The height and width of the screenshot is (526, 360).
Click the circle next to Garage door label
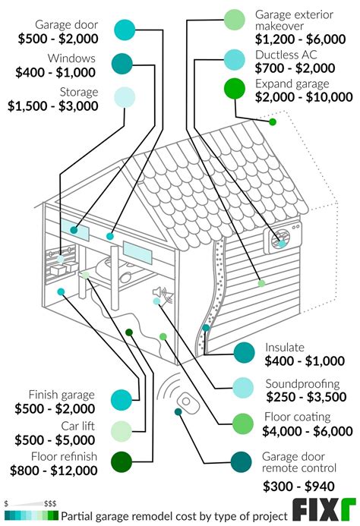click(124, 30)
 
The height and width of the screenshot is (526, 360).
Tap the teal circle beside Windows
click(122, 64)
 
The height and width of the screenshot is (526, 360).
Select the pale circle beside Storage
click(124, 97)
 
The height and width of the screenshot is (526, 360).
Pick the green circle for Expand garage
click(233, 89)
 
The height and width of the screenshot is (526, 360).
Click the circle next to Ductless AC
click(235, 58)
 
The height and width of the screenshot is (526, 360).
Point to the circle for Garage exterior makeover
click(235, 19)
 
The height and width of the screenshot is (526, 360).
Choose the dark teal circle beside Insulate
click(244, 353)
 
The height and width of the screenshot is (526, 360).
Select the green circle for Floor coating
click(243, 423)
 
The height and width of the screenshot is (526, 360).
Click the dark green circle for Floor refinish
click(122, 462)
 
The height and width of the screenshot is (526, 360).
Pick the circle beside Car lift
click(122, 431)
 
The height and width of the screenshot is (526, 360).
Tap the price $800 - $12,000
click(54, 471)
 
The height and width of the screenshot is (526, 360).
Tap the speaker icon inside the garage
click(159, 293)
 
